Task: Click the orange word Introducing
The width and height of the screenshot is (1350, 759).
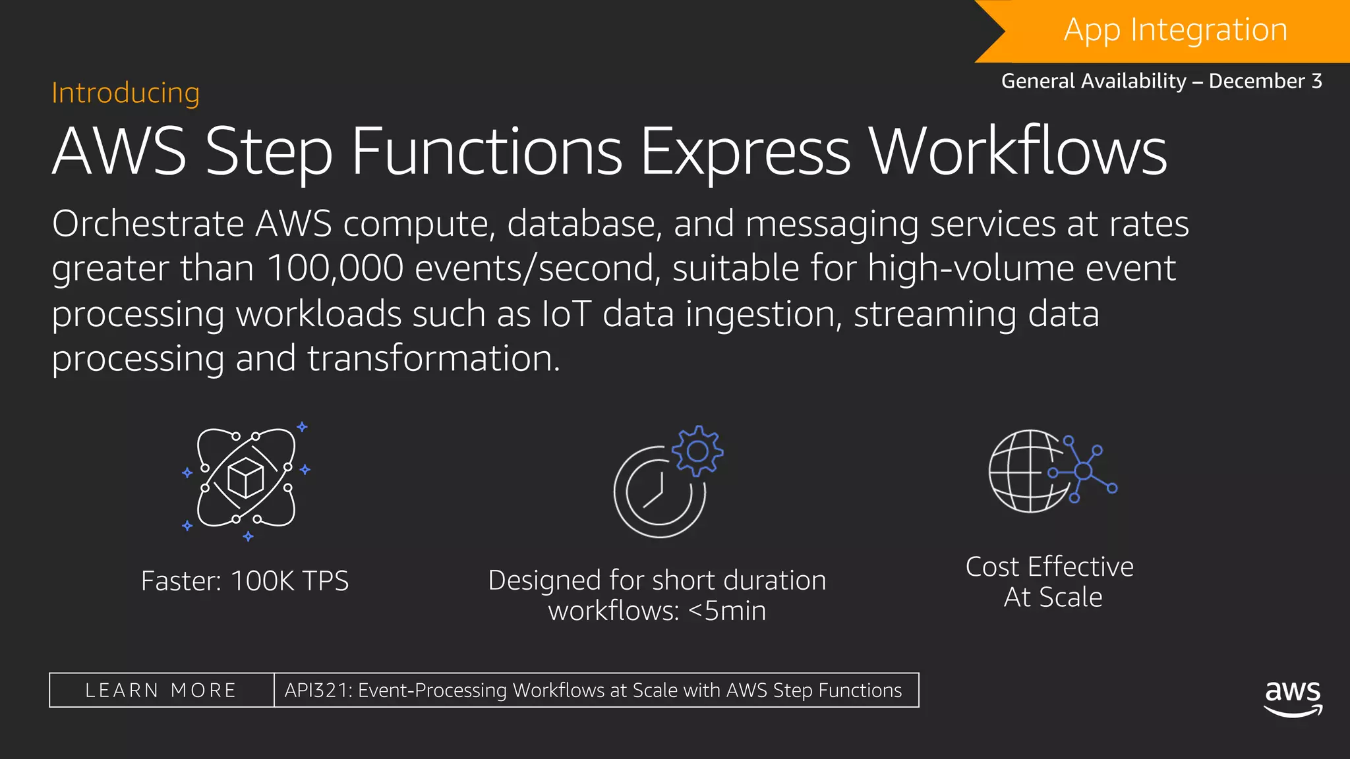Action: [x=125, y=93]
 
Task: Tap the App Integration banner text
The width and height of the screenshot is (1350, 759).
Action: [x=1175, y=30]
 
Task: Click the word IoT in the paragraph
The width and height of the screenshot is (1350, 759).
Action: [x=566, y=314]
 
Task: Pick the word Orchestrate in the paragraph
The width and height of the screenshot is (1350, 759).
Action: [x=148, y=224]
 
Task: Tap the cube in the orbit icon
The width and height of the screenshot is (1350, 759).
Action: [x=245, y=478]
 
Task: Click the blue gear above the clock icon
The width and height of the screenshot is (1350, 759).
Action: [x=697, y=451]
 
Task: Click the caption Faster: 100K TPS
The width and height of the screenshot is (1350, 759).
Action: [x=245, y=581]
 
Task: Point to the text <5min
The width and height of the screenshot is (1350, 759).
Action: [x=727, y=611]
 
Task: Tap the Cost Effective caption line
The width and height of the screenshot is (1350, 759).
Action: [x=1049, y=567]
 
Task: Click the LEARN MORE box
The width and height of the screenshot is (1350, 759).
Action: [x=161, y=690]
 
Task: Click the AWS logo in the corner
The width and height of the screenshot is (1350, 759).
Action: [x=1293, y=697]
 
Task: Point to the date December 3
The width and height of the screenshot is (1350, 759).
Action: [x=1265, y=81]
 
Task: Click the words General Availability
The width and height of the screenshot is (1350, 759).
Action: [x=1094, y=81]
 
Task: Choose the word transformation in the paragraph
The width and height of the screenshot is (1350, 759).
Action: [x=433, y=358]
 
